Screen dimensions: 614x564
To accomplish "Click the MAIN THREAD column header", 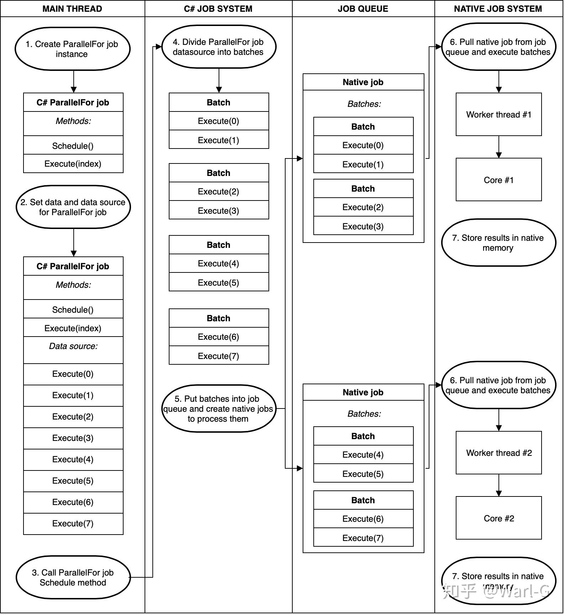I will pos(72,9).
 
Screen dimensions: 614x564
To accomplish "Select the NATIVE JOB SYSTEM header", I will pos(498,9).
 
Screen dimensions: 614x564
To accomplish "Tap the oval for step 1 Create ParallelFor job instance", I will pos(72,49).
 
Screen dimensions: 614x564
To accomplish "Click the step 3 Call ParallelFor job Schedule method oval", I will pos(73,577).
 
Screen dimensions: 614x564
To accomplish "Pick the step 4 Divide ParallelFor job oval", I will pos(219,47).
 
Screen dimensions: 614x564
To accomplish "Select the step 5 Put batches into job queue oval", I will pos(219,409).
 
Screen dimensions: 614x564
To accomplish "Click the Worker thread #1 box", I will pos(498,114).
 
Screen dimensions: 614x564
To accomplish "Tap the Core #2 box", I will pos(498,518).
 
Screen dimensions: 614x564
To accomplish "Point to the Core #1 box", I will pos(498,180).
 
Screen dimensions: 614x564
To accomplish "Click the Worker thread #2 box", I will pos(498,453).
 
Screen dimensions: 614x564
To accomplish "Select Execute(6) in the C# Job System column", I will pos(219,337).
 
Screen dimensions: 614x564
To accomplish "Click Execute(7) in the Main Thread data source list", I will pos(73,523).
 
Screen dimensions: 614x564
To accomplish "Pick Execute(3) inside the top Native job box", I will pos(363,226).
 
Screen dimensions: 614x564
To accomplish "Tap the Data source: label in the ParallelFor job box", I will pos(73,346).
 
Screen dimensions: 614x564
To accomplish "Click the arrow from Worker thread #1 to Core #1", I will pos(498,147).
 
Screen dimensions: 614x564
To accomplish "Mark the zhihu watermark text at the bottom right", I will pos(496,592).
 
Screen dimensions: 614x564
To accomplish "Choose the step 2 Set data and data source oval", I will pos(73,207).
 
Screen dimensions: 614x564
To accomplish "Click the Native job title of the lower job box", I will pos(363,392).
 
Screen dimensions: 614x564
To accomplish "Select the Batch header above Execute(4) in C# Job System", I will pos(219,245).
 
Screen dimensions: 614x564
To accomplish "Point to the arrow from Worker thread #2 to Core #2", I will pos(498,485).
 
